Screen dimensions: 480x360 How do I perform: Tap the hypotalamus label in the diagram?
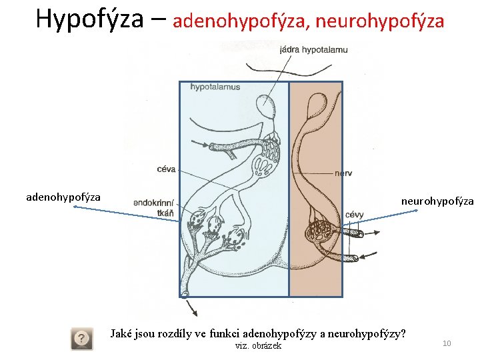[x=215, y=87]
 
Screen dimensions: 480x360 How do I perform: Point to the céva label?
[x=165, y=169]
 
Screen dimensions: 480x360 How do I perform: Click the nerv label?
[x=343, y=173]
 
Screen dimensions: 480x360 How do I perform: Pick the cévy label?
[x=355, y=215]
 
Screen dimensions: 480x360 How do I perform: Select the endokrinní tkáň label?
[x=154, y=207]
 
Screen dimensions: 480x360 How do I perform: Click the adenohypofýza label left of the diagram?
[x=63, y=197]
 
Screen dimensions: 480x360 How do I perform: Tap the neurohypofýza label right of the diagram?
[x=437, y=201]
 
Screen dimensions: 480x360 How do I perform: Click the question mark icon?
[x=82, y=339]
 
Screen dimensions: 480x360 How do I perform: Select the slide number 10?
[x=447, y=343]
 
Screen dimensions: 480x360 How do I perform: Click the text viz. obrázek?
[x=259, y=345]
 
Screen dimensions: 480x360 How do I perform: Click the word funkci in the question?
[x=222, y=333]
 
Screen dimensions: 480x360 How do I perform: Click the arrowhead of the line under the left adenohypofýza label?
[x=75, y=207]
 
